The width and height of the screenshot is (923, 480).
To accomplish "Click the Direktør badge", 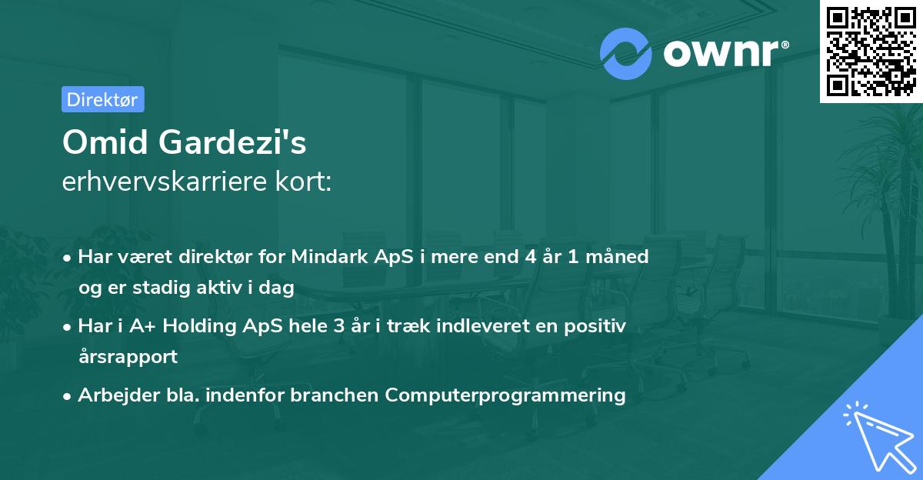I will pyautogui.click(x=102, y=99).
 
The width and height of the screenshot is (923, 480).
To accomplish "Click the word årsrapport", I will pyautogui.click(x=128, y=356).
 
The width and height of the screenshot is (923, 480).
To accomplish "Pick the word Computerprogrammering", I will pyautogui.click(x=505, y=395).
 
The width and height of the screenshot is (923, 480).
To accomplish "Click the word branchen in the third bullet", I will pyautogui.click(x=340, y=395).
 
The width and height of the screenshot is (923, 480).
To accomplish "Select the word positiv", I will pyautogui.click(x=598, y=326).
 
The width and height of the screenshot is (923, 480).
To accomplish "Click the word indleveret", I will pyautogui.click(x=461, y=326).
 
